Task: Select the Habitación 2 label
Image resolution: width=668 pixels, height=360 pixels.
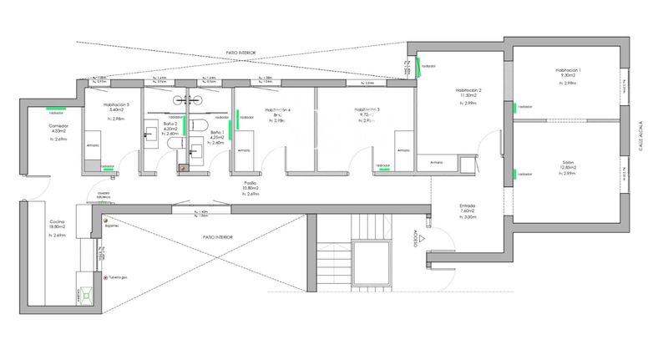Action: tap(469, 90)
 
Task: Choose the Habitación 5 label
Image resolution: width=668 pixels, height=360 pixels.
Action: tap(117, 105)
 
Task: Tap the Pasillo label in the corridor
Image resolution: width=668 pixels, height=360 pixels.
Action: tap(250, 182)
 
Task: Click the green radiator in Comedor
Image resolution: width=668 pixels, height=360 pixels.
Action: tap(57, 108)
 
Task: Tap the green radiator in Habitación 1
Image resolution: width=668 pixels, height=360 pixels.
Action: tap(515, 107)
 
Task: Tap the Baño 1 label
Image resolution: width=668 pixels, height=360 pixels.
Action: tap(216, 134)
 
